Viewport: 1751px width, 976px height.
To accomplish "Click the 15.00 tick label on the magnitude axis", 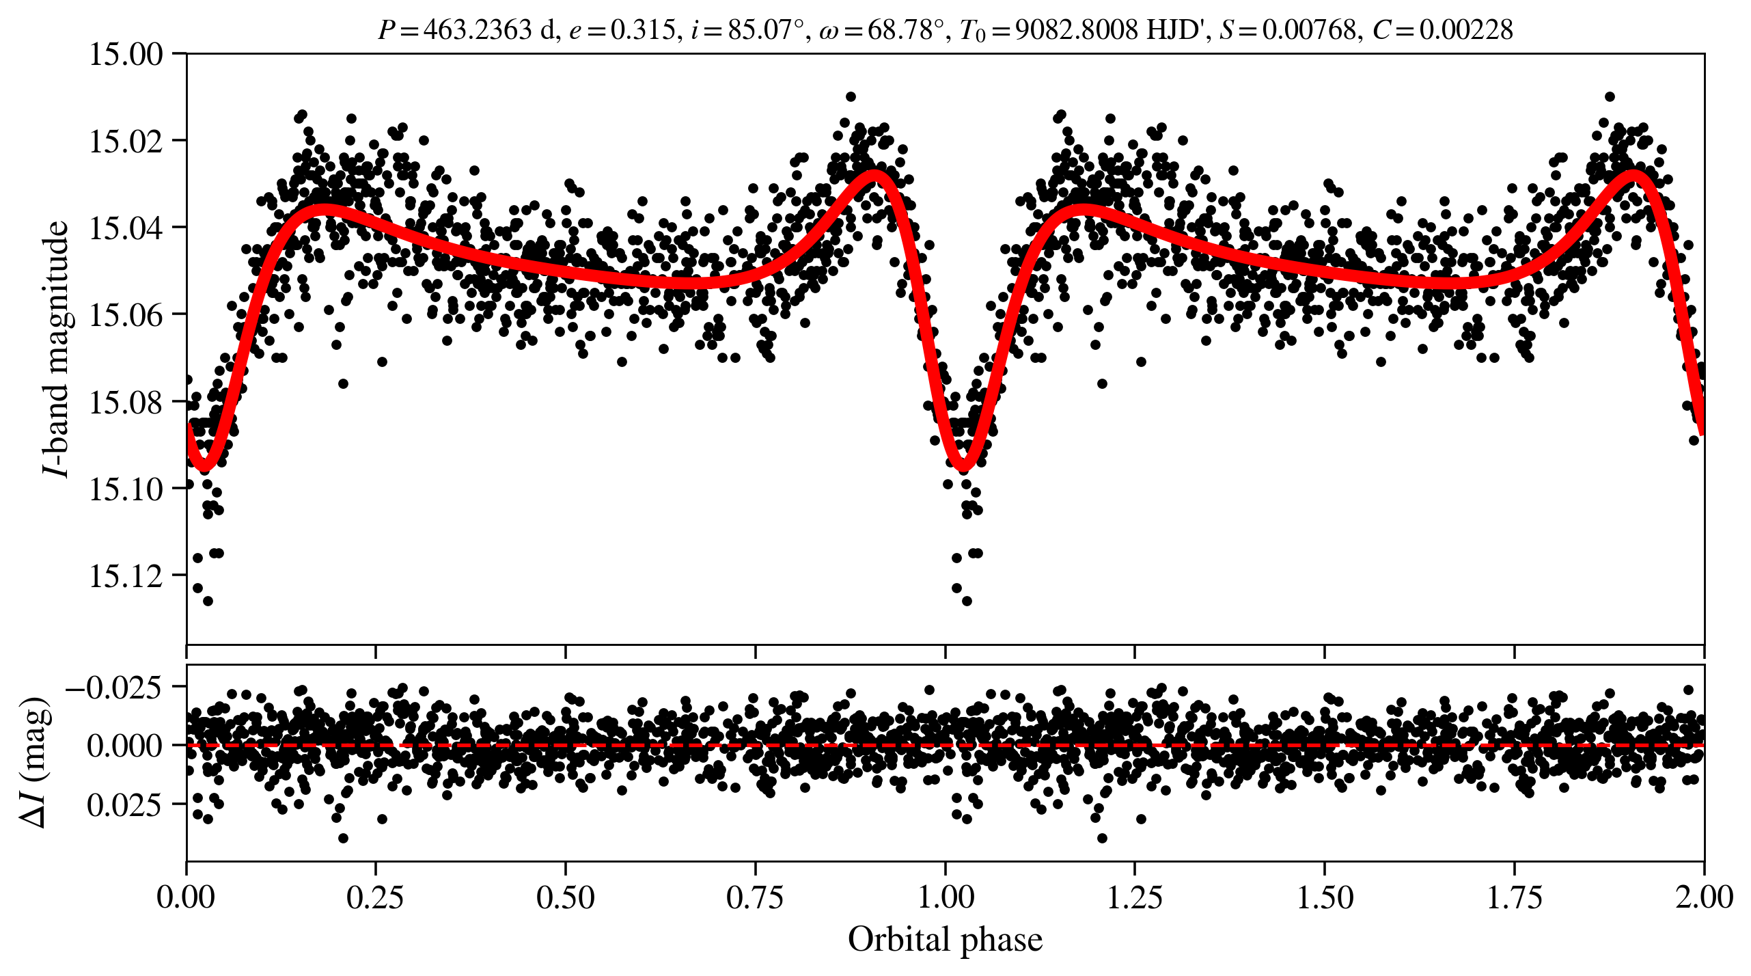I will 126,54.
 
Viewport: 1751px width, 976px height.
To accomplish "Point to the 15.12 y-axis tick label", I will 126,576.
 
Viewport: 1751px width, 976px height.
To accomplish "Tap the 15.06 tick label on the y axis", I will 126,315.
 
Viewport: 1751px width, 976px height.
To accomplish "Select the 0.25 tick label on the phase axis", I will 375,897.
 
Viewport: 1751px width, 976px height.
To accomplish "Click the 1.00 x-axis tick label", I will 945,897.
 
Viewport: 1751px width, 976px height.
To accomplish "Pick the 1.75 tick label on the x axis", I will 1514,897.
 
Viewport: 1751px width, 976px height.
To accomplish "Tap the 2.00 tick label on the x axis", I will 1703,897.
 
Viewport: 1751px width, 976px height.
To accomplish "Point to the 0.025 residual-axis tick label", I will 124,805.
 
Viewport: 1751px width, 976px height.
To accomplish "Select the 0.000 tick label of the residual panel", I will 124,746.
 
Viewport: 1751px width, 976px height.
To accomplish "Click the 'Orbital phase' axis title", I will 945,940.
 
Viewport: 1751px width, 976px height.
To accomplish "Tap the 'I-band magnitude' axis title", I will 57,349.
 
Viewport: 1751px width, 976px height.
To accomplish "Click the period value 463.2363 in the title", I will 478,30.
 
